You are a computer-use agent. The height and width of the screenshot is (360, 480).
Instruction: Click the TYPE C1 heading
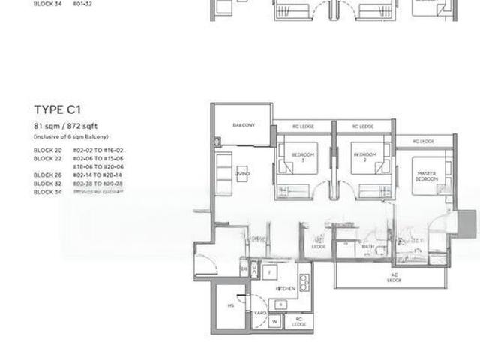tap(57, 109)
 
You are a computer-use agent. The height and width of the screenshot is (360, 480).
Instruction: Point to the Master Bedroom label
tap(427, 177)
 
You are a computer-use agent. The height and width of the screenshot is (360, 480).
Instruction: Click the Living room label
tap(241, 174)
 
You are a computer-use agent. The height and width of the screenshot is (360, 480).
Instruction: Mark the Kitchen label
tap(285, 288)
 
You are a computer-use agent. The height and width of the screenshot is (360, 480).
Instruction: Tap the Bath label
tap(367, 246)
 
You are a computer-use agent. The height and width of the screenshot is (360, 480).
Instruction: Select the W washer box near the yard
tap(274, 322)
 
